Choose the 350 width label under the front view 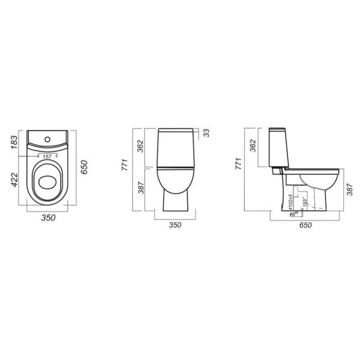[175, 226]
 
